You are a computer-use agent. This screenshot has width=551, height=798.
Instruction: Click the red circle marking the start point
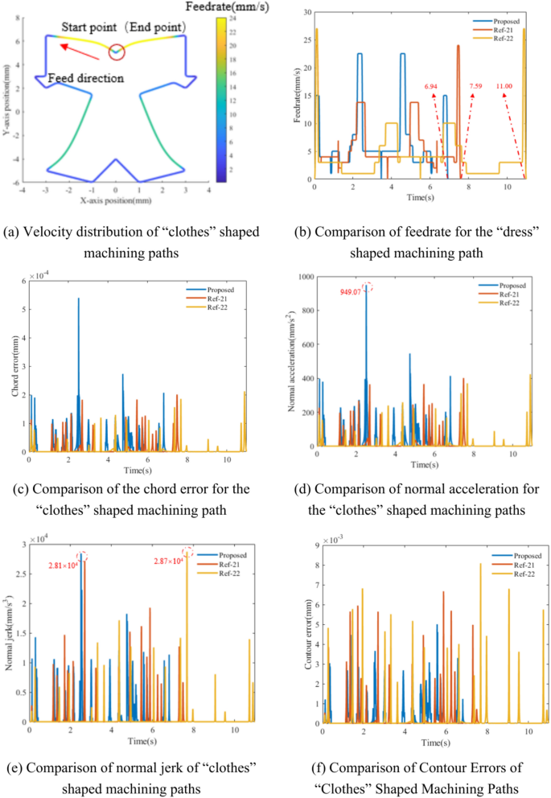pos(117,51)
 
